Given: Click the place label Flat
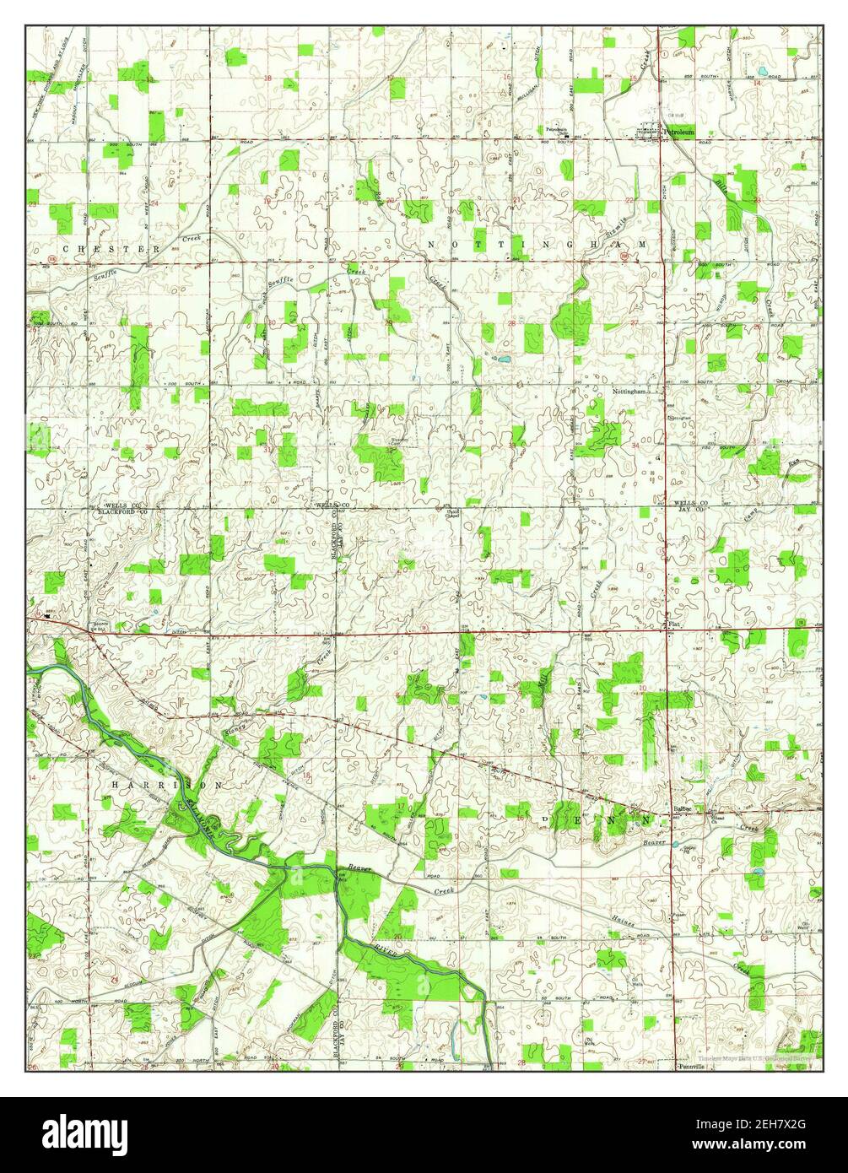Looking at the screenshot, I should (x=673, y=625).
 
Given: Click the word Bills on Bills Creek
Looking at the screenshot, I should (x=722, y=186).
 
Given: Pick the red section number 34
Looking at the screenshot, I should (x=635, y=445).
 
